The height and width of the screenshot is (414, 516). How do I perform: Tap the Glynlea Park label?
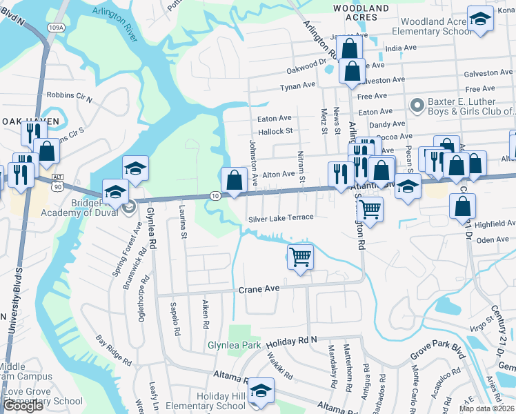[234, 345]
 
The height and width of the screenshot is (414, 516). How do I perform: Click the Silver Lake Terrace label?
[281, 217]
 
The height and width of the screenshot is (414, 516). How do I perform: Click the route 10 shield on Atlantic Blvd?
[215, 197]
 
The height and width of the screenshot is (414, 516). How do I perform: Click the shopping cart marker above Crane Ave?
[300, 257]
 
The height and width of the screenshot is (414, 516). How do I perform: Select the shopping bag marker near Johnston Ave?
[235, 179]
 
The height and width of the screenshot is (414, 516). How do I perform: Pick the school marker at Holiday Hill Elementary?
[261, 391]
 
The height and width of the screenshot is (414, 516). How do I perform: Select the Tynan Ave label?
[297, 86]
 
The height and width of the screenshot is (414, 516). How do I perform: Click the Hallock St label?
[275, 130]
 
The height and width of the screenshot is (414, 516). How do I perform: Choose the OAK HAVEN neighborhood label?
[30, 121]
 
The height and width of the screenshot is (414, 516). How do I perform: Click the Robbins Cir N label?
[69, 96]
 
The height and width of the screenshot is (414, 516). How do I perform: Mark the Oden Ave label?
[492, 239]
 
